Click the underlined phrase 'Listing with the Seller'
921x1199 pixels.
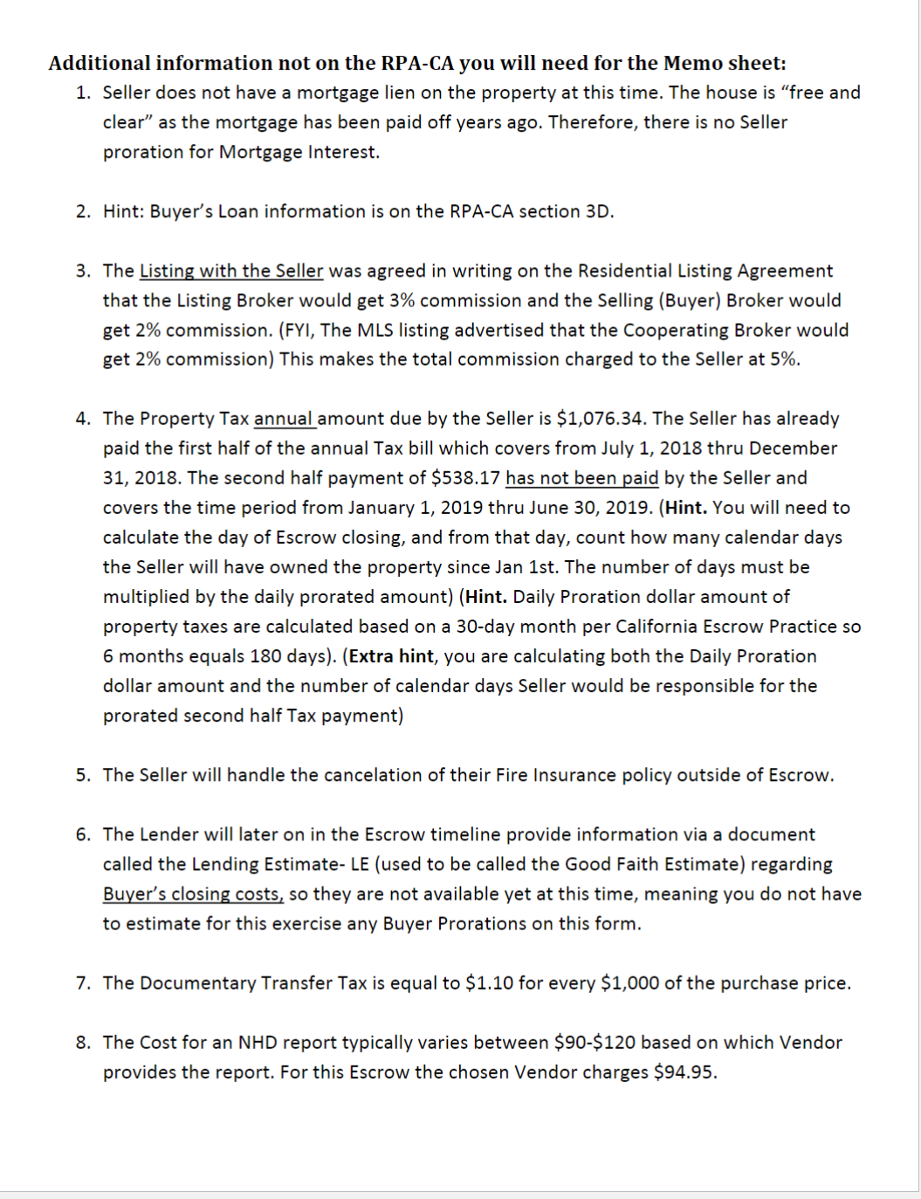(231, 271)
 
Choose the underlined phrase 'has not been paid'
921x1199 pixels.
(581, 478)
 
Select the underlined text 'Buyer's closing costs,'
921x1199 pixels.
(193, 894)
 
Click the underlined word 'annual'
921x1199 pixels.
(284, 419)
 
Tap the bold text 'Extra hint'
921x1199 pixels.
(391, 656)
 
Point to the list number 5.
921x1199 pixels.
(82, 776)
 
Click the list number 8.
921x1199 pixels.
(82, 1043)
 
